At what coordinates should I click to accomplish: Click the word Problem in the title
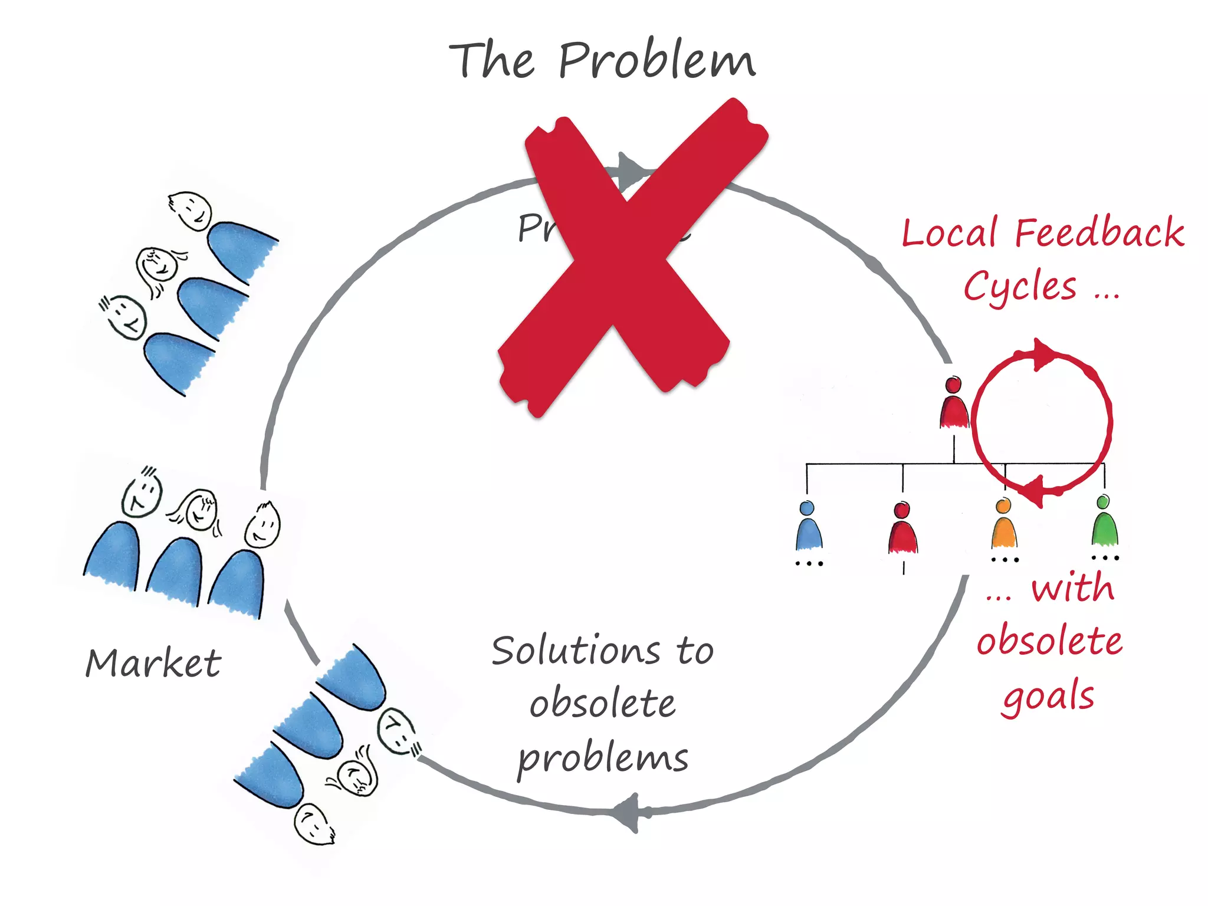coord(656,60)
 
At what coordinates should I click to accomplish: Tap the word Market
coord(153,663)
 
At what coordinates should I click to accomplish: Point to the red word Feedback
coord(1099,232)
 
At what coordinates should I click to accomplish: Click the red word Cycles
coord(1020,287)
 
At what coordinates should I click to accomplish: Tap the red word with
coord(1073,588)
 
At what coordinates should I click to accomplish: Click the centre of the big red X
coord(625,260)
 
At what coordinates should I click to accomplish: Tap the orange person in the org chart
coord(1003,525)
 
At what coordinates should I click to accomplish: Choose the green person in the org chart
coord(1104,523)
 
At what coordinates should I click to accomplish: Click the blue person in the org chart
coord(808,527)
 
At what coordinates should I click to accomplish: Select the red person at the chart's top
coord(953,403)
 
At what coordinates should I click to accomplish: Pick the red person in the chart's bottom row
coord(902,529)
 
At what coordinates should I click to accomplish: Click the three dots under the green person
coord(1105,557)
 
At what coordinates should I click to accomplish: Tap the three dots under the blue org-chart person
coord(809,564)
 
